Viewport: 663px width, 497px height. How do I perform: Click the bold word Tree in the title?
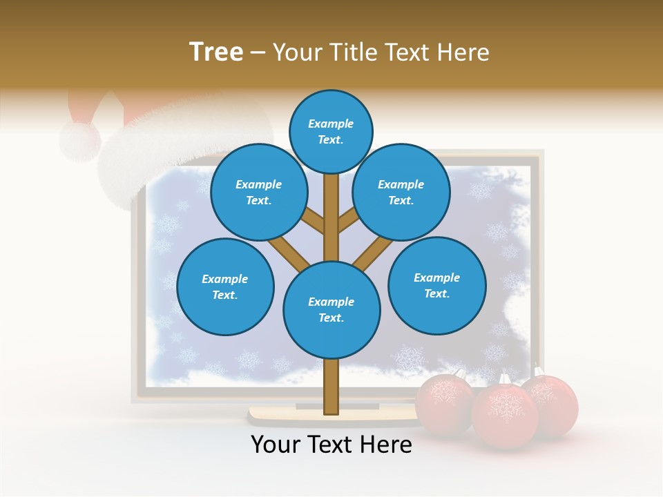pos(216,52)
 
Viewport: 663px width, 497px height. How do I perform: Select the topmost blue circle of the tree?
pos(331,131)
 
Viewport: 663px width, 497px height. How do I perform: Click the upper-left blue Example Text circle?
pos(258,192)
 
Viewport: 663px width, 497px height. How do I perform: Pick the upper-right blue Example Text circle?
pos(401,192)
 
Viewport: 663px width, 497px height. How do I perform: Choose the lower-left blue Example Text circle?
pos(225,286)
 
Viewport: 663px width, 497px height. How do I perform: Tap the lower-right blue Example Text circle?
pos(436,285)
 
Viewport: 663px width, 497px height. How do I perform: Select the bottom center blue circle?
pos(331,309)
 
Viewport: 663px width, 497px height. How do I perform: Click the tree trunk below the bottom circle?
pos(331,387)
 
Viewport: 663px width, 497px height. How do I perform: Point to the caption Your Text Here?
pos(331,445)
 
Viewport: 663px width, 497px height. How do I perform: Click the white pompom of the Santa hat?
pos(79,140)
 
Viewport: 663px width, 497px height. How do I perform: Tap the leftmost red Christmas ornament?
pos(443,402)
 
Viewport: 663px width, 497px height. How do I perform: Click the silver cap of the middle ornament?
pos(505,378)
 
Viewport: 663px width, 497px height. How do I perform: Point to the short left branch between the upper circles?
pos(312,222)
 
